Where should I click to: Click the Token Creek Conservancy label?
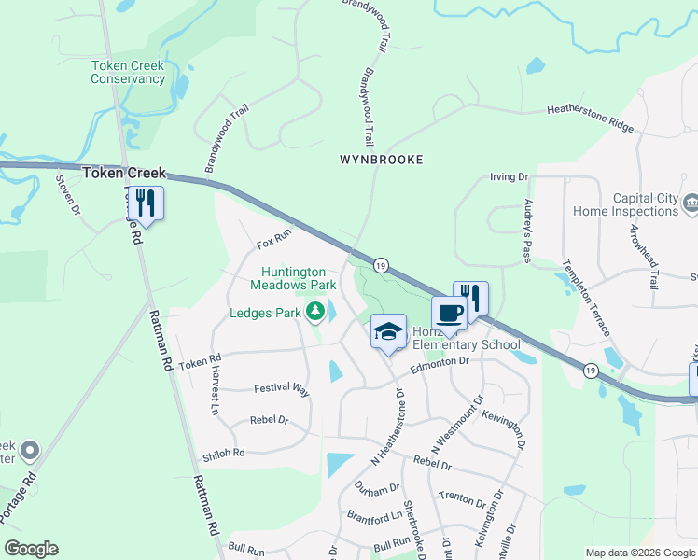128,72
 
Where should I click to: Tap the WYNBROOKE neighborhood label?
381,160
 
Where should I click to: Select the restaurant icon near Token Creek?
145,203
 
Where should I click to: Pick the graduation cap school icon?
388,330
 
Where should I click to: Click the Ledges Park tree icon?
315,312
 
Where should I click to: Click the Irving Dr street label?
510,176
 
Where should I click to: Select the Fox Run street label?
274,245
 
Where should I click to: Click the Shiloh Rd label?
223,455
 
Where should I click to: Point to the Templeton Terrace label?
586,297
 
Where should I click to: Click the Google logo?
31,549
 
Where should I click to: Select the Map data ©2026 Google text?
640,553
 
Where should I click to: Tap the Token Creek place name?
124,173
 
